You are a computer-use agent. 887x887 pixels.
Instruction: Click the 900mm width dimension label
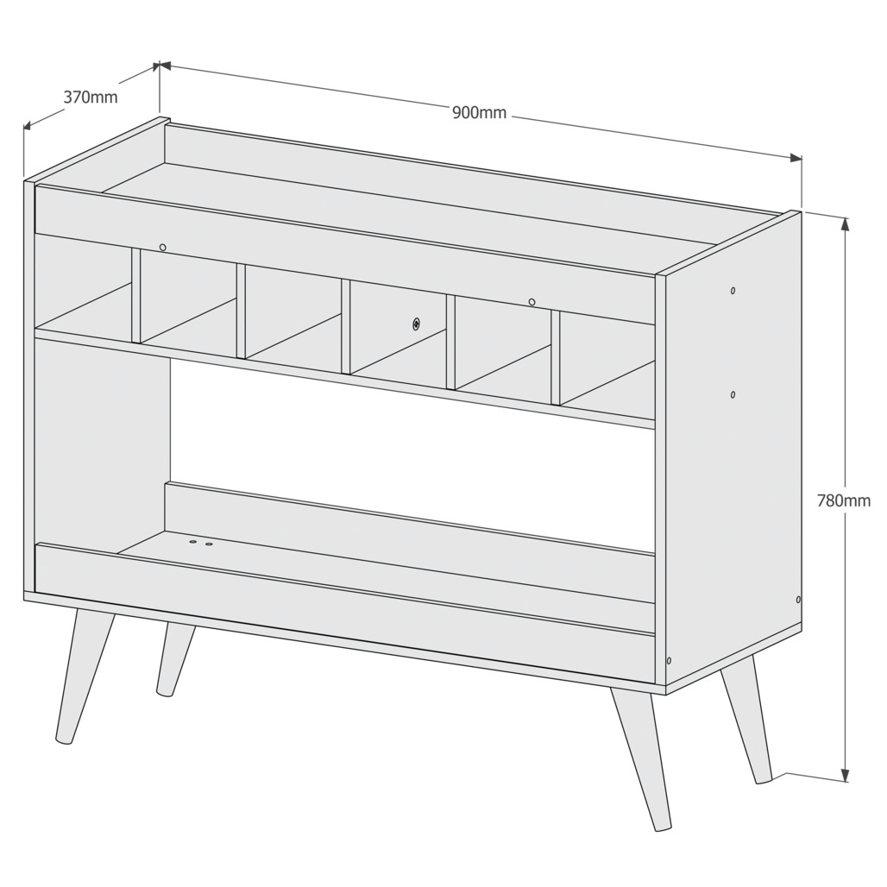pos(479,112)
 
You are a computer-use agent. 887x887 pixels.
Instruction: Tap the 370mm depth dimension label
pos(91,98)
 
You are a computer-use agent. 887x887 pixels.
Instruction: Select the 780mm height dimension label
pos(844,500)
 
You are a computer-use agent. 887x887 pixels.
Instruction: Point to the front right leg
pos(640,758)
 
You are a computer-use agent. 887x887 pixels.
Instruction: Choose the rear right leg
pos(746,719)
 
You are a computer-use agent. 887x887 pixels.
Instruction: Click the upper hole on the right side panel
pos(733,291)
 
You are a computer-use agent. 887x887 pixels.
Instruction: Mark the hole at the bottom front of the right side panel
pos(670,660)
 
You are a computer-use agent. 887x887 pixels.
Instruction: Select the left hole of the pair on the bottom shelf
pos(193,542)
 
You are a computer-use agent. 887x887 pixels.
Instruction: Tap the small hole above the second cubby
pos(163,248)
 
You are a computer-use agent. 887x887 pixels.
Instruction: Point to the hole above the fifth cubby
pos(532,302)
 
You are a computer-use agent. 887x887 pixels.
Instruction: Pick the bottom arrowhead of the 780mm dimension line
pos(846,777)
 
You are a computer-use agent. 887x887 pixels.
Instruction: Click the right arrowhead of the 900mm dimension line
pos(796,158)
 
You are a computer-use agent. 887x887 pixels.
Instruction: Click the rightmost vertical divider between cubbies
pos(556,357)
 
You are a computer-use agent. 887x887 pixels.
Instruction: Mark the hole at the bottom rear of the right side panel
pos(798,599)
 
